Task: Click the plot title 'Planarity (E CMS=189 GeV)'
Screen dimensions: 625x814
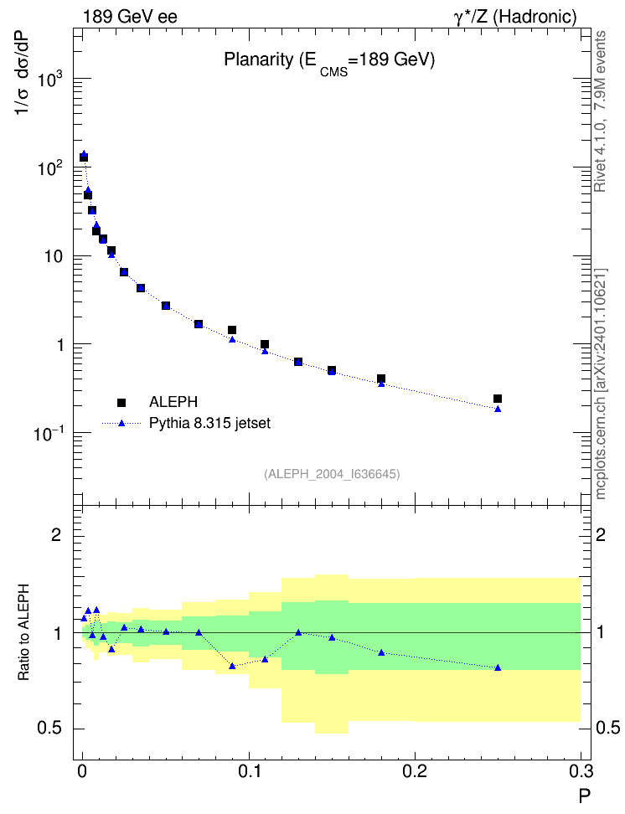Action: click(329, 62)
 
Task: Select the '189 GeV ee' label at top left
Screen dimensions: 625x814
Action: click(130, 17)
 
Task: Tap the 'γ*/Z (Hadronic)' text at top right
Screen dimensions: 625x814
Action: click(515, 17)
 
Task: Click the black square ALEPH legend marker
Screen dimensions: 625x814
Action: click(121, 402)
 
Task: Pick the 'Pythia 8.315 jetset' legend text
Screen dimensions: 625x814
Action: click(210, 423)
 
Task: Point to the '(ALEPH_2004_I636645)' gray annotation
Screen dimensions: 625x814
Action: click(332, 474)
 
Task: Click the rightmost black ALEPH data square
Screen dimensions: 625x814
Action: click(498, 399)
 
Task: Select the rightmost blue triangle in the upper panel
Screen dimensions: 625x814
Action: click(498, 409)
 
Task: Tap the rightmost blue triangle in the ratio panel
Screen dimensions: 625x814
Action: click(498, 667)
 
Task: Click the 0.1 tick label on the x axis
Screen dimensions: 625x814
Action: click(249, 771)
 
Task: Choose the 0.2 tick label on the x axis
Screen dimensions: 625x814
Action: click(415, 771)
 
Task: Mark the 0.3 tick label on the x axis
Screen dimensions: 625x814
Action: click(581, 771)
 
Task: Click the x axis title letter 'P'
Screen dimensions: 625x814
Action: click(585, 796)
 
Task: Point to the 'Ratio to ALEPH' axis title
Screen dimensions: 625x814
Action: click(23, 633)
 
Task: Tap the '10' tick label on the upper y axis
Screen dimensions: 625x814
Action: click(52, 256)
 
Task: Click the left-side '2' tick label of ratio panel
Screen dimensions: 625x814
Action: click(57, 535)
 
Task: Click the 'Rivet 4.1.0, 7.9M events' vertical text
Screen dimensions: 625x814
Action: click(600, 111)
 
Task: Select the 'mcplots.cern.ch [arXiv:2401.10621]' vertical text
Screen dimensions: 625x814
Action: click(601, 384)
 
